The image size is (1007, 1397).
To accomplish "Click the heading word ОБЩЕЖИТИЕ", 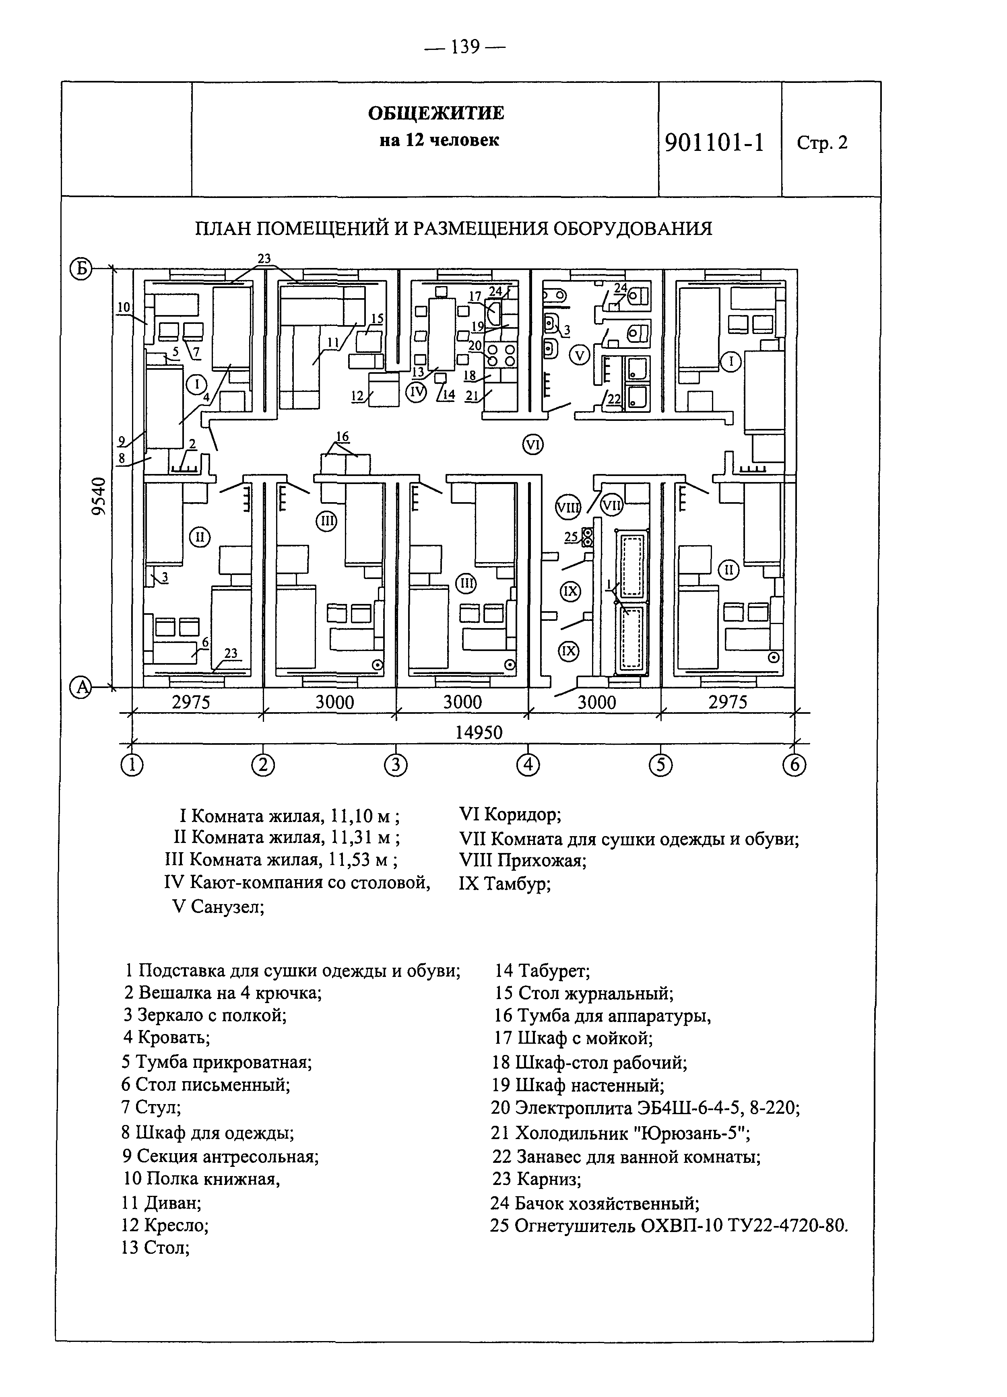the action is (x=436, y=113).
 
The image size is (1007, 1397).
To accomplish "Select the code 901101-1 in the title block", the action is (x=714, y=143).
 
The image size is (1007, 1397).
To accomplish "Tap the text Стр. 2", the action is (x=822, y=143).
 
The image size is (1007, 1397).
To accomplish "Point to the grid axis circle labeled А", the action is (x=81, y=687).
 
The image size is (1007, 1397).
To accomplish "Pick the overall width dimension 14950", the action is (x=479, y=732).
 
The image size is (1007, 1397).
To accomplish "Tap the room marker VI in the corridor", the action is (x=532, y=444).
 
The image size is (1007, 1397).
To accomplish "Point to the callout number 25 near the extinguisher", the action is (x=571, y=537).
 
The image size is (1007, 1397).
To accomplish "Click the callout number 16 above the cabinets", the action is (x=342, y=437).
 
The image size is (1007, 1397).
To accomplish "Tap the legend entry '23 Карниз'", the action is (x=537, y=1179).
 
